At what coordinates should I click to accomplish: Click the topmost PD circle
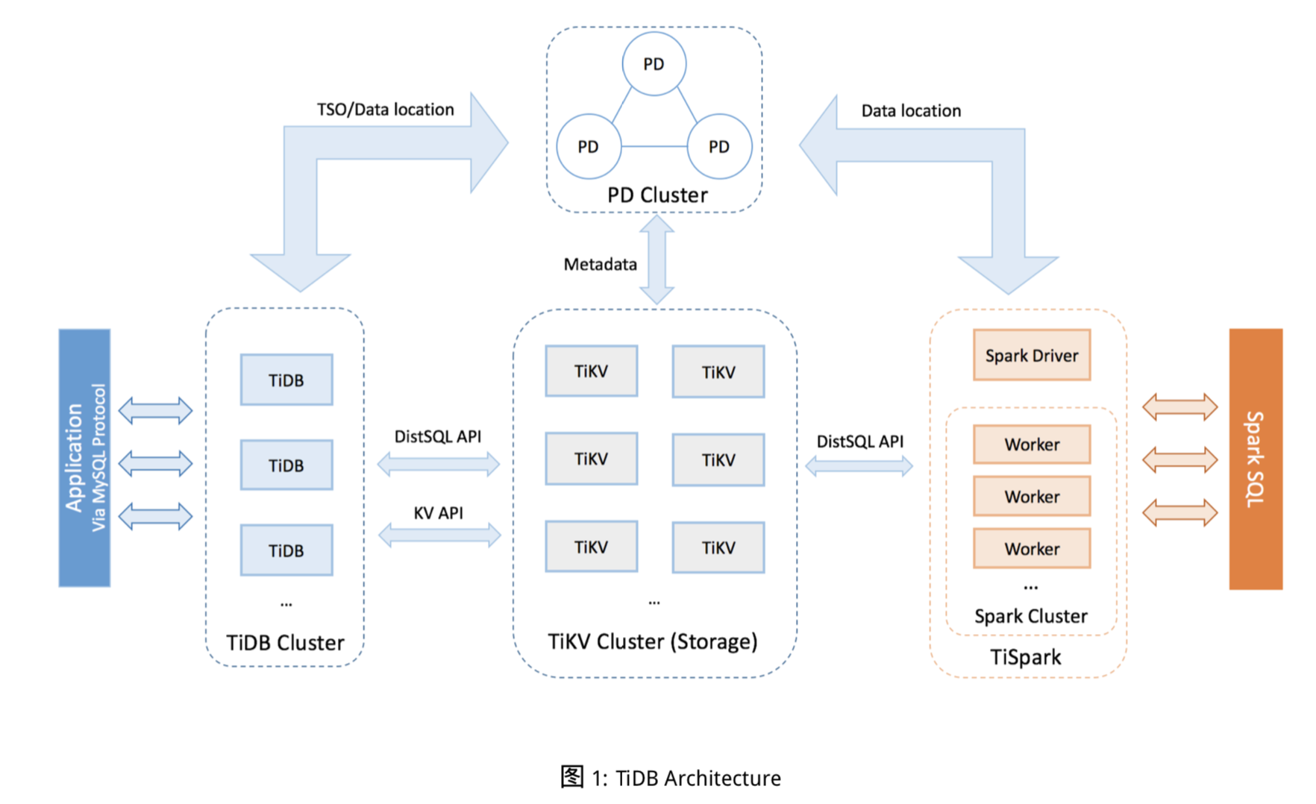(x=654, y=64)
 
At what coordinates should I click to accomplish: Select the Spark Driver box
(x=1031, y=355)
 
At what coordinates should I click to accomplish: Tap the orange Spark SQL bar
(x=1255, y=459)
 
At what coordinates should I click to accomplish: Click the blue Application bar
(x=84, y=457)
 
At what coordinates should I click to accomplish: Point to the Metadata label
(x=600, y=264)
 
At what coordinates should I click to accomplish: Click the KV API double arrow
(x=439, y=535)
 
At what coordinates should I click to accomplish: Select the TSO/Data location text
(x=385, y=110)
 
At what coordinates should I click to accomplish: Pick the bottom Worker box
(x=1031, y=548)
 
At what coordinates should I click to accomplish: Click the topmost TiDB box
(x=286, y=380)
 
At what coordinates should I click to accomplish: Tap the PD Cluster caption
(x=657, y=195)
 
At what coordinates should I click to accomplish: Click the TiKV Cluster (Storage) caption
(x=652, y=641)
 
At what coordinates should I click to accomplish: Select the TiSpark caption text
(x=1025, y=657)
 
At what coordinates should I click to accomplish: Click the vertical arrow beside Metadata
(x=657, y=260)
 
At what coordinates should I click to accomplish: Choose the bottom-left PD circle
(x=588, y=146)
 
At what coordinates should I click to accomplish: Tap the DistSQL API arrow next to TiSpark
(x=859, y=467)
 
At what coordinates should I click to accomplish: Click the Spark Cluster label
(x=1030, y=616)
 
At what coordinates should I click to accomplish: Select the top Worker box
(x=1031, y=444)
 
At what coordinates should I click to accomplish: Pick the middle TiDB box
(x=286, y=465)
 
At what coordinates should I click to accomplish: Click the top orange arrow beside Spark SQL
(x=1179, y=407)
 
